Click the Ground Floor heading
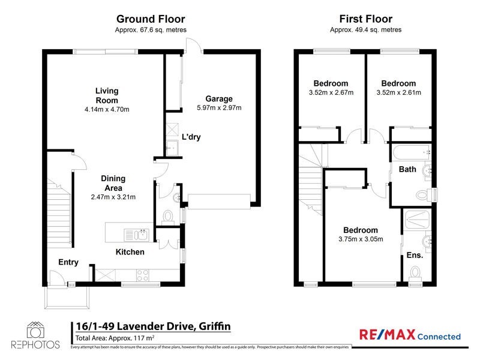coord(150,19)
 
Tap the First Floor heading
coord(365,19)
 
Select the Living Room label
coord(107,96)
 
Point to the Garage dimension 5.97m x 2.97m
coord(218,108)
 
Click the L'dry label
coord(191,137)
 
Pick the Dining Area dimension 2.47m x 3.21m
coord(113,197)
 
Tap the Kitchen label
coord(130,252)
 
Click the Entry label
coord(68,262)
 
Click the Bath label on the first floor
coord(407,169)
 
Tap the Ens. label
coord(415,255)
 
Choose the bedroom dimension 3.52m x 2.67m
coord(331,92)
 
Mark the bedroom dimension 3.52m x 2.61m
coord(398,92)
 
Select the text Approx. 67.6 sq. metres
coord(150,29)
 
